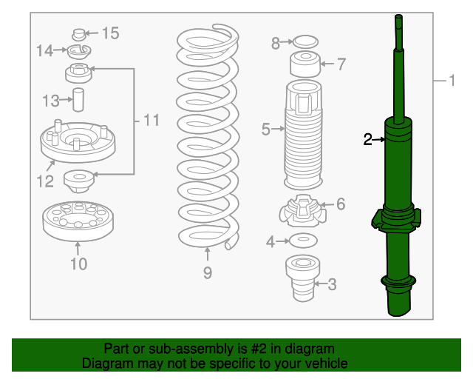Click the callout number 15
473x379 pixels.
pos(111,33)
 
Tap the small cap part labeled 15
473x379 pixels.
pos(79,35)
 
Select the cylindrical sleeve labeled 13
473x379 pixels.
pos(78,100)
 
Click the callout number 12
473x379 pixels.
pos(45,181)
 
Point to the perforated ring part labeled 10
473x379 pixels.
pos(78,221)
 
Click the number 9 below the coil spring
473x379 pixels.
pos(208,273)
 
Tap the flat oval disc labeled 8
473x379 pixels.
pos(305,42)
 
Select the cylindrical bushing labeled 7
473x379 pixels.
pos(305,64)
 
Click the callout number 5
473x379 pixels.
pos(266,129)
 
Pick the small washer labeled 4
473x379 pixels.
pos(303,241)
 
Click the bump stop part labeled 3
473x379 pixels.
pos(302,278)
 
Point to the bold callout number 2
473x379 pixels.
pos(368,140)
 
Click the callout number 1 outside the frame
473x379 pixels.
pos(452,81)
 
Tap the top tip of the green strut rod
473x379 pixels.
pos(398,15)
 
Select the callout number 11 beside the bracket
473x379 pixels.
pos(151,121)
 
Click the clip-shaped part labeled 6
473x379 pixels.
pos(303,211)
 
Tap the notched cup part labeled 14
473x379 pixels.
pos(79,52)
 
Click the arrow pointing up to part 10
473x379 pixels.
pos(78,249)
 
